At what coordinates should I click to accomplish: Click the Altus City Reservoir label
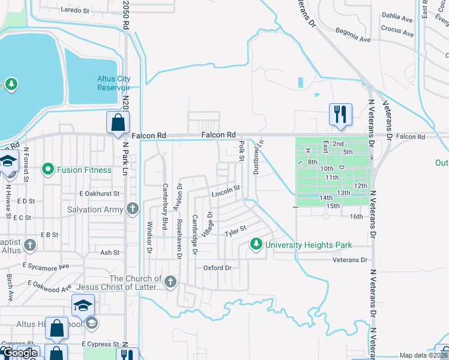113,83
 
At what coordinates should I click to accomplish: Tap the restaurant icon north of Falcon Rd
340,114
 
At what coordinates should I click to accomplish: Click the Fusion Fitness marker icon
48,170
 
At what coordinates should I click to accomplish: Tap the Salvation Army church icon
133,209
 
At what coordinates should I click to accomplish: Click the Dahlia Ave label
397,18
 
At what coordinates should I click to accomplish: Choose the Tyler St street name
235,230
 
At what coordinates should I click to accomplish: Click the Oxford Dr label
217,268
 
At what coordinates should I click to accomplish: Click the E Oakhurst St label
100,194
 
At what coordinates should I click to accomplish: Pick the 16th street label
357,217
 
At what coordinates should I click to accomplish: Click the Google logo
20,353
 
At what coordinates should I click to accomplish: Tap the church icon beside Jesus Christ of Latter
170,281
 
